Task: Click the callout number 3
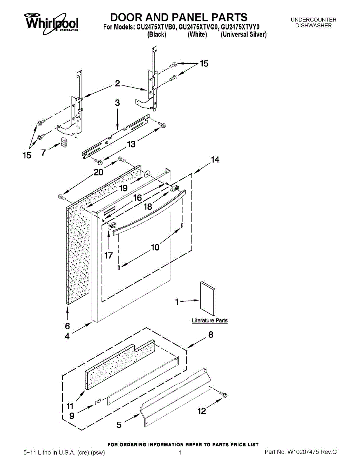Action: point(117,103)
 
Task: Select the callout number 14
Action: point(215,160)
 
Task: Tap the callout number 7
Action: point(43,153)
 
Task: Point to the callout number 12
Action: point(202,411)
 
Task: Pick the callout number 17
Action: point(108,256)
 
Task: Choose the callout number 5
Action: point(119,425)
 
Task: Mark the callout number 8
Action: point(210,335)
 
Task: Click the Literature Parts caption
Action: point(210,321)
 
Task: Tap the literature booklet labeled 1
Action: point(208,298)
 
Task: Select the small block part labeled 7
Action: point(64,142)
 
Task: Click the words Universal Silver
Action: point(243,35)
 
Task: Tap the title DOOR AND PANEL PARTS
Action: point(179,17)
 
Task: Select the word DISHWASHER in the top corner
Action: point(313,26)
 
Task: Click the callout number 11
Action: point(70,407)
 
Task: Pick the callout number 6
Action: point(67,326)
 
